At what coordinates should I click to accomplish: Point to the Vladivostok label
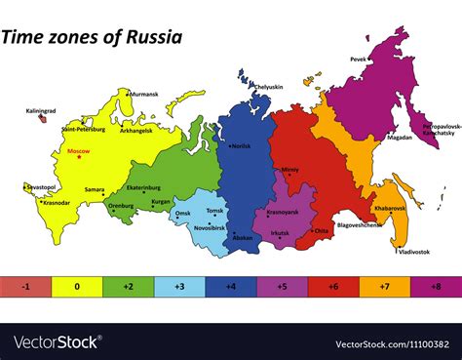412,251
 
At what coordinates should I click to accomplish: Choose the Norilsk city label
241,146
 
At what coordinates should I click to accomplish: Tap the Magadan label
399,138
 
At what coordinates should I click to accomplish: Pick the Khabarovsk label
389,208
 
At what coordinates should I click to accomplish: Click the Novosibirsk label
210,227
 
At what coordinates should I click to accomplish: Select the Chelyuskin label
268,87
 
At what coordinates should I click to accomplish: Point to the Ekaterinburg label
144,187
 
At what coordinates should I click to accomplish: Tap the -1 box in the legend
25,287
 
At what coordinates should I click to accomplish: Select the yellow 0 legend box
76,287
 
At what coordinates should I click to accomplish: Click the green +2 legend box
128,287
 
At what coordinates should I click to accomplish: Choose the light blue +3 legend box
179,287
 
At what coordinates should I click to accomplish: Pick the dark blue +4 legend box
231,287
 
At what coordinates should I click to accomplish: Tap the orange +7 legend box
385,287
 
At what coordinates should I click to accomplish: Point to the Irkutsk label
282,233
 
